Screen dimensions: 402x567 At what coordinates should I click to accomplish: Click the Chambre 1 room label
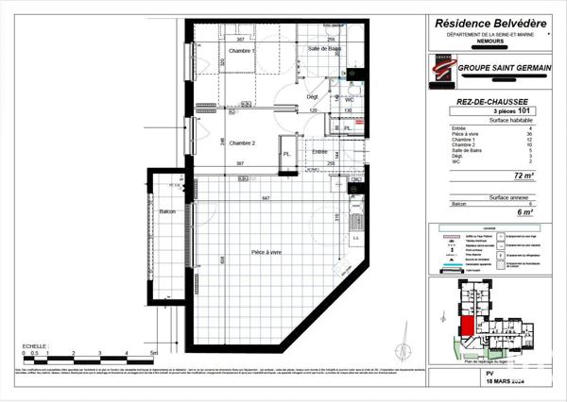coord(242,50)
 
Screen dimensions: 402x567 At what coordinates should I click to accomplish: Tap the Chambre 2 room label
coord(243,142)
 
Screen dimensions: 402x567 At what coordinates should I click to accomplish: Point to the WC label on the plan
coord(349,99)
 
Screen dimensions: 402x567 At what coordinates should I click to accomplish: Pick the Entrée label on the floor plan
coord(319,151)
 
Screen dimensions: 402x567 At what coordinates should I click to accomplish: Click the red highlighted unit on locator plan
coord(468,331)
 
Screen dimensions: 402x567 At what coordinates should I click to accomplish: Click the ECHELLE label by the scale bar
coord(35,346)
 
